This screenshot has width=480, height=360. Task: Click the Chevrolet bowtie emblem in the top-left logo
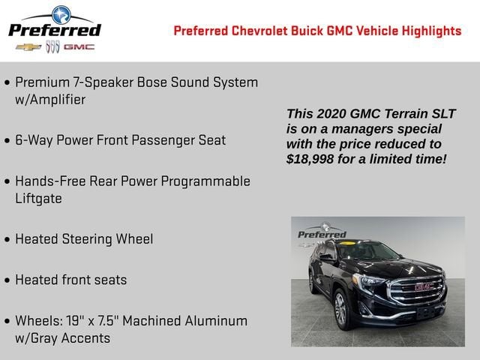(x=28, y=47)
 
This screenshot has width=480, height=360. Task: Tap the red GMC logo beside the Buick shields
(x=79, y=47)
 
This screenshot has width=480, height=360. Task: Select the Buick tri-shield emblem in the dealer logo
(x=52, y=47)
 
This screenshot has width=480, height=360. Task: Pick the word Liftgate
(x=38, y=199)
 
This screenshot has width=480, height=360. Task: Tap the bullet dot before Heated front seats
(x=7, y=280)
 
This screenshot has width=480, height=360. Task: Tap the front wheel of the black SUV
(x=340, y=308)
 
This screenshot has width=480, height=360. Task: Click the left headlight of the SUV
(x=373, y=283)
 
